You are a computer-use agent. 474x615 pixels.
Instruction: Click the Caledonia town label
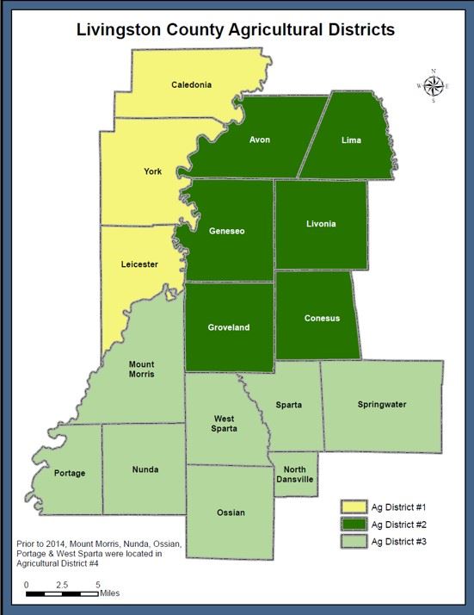(x=191, y=84)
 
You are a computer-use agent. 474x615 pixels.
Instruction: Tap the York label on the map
(x=152, y=171)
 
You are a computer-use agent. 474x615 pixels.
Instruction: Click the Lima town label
(x=351, y=140)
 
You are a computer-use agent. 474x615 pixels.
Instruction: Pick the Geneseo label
(x=227, y=231)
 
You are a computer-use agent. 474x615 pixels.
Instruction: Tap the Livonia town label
(x=321, y=224)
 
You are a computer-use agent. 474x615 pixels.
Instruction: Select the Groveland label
(x=229, y=327)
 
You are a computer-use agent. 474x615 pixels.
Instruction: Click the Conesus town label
(x=322, y=318)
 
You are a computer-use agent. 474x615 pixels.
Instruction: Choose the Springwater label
(x=382, y=404)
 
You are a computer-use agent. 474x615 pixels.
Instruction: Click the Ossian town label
(x=231, y=512)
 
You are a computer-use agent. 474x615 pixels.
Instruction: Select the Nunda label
(x=145, y=470)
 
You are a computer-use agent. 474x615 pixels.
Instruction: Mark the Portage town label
(x=70, y=473)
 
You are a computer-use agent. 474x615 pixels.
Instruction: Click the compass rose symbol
(x=433, y=85)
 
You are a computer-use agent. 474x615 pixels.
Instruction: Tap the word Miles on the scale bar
(x=109, y=593)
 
